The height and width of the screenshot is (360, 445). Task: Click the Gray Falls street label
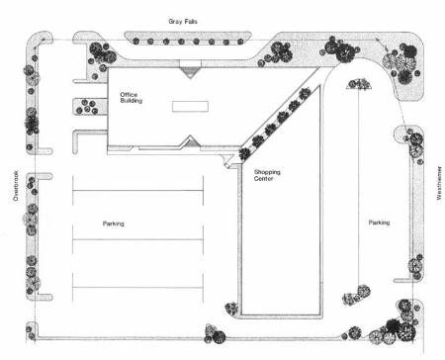183,22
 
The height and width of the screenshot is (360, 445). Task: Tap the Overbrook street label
16,186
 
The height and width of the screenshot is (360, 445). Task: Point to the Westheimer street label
439,183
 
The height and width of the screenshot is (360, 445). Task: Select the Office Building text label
132,98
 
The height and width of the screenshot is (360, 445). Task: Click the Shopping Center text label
267,175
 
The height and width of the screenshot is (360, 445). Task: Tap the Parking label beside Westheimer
379,223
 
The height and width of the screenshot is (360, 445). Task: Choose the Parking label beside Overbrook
114,224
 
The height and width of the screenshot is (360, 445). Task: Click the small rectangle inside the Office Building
190,107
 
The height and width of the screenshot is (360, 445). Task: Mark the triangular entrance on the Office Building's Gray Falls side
190,72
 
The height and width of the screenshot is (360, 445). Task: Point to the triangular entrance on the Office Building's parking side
190,140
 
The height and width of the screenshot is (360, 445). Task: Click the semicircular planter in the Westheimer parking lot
360,84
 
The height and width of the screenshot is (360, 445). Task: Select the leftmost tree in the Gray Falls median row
135,42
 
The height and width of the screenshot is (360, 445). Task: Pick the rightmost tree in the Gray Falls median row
240,42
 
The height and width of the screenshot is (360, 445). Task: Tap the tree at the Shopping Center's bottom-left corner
231,309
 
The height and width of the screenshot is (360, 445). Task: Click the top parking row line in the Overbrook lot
137,191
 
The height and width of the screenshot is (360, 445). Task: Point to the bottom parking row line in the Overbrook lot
137,288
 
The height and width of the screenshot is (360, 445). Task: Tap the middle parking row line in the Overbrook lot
137,239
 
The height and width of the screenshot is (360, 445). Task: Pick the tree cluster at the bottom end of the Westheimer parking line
357,296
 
